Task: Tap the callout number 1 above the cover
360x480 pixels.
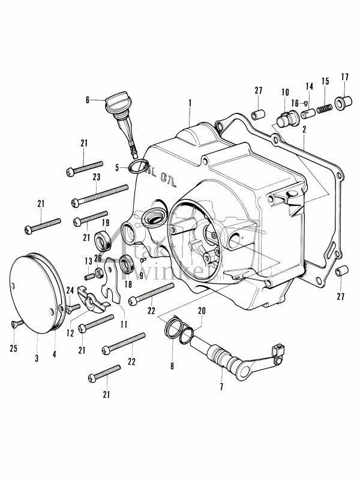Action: click(x=190, y=104)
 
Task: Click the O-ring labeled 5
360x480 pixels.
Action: click(x=136, y=166)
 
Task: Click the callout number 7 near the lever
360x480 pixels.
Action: click(x=221, y=387)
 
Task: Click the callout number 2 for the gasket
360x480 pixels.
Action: click(x=304, y=129)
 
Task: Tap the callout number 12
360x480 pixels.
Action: click(x=70, y=332)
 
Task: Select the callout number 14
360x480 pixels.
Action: click(x=309, y=86)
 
